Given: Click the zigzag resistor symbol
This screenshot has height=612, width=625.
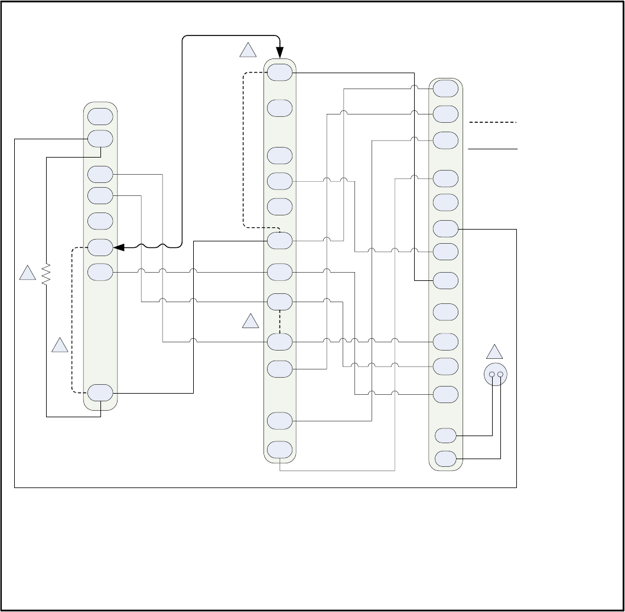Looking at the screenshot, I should tap(47, 274).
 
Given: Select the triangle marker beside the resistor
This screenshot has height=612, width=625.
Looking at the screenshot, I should tap(27, 273).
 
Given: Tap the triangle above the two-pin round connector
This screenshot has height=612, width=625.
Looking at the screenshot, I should tap(494, 352).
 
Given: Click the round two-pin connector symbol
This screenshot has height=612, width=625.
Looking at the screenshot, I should tap(496, 374).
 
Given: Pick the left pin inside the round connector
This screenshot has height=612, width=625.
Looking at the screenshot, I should tap(492, 374).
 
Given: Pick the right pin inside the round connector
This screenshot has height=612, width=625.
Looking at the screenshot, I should tap(500, 374).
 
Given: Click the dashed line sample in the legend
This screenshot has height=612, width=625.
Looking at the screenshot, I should tap(493, 122).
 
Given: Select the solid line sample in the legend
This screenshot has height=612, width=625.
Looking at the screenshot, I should tap(493, 149).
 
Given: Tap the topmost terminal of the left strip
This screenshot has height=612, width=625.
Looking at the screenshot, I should tap(100, 116).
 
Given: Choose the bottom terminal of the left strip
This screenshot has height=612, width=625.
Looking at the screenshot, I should tap(100, 392).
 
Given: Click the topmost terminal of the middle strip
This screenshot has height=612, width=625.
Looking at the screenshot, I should tap(279, 72).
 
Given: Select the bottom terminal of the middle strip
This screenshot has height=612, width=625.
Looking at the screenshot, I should tap(279, 450).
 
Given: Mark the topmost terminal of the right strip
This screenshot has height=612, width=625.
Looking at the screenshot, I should tap(445, 89).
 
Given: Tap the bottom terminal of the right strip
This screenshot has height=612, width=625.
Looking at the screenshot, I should tap(445, 458).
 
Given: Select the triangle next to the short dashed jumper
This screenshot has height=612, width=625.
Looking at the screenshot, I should tap(251, 322).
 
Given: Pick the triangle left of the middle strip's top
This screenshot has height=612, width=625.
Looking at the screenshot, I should tap(248, 51).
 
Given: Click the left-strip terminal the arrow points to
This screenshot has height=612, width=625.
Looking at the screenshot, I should tap(100, 247).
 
